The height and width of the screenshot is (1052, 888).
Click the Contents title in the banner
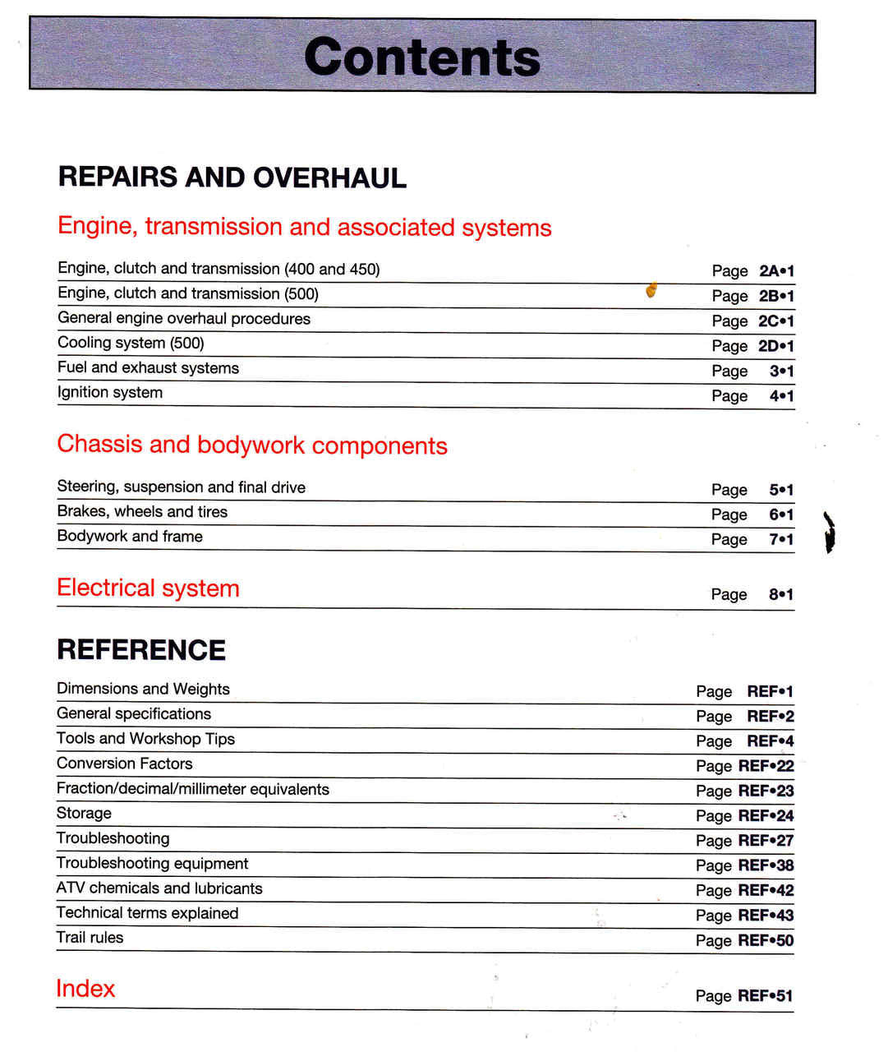point(422,57)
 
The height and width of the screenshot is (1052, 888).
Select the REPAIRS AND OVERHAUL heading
point(232,178)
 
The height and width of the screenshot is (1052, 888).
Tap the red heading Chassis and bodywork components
point(252,445)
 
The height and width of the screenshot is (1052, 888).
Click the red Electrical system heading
point(148,588)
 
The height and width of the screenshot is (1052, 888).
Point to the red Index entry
point(85,988)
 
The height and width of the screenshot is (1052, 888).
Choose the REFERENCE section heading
point(141,650)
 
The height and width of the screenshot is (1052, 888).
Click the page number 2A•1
point(776,271)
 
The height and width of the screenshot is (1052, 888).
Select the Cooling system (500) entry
point(131,344)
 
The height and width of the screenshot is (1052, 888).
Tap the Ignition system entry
point(110,393)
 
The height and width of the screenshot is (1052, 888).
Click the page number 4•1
point(781,396)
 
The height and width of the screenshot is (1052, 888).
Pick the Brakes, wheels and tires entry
point(142,512)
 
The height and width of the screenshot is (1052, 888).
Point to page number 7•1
point(781,540)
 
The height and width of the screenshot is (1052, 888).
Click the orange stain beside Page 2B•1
point(651,289)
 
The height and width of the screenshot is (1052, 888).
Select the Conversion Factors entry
point(124,764)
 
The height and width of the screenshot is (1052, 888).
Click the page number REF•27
point(766,841)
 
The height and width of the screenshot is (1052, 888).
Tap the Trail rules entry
point(90,938)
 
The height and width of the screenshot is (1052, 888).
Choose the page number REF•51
point(765,996)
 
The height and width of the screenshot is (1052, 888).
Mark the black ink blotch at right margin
point(830,532)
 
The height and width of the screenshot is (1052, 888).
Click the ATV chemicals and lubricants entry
point(159,888)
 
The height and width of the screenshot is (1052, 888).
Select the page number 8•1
point(781,595)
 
